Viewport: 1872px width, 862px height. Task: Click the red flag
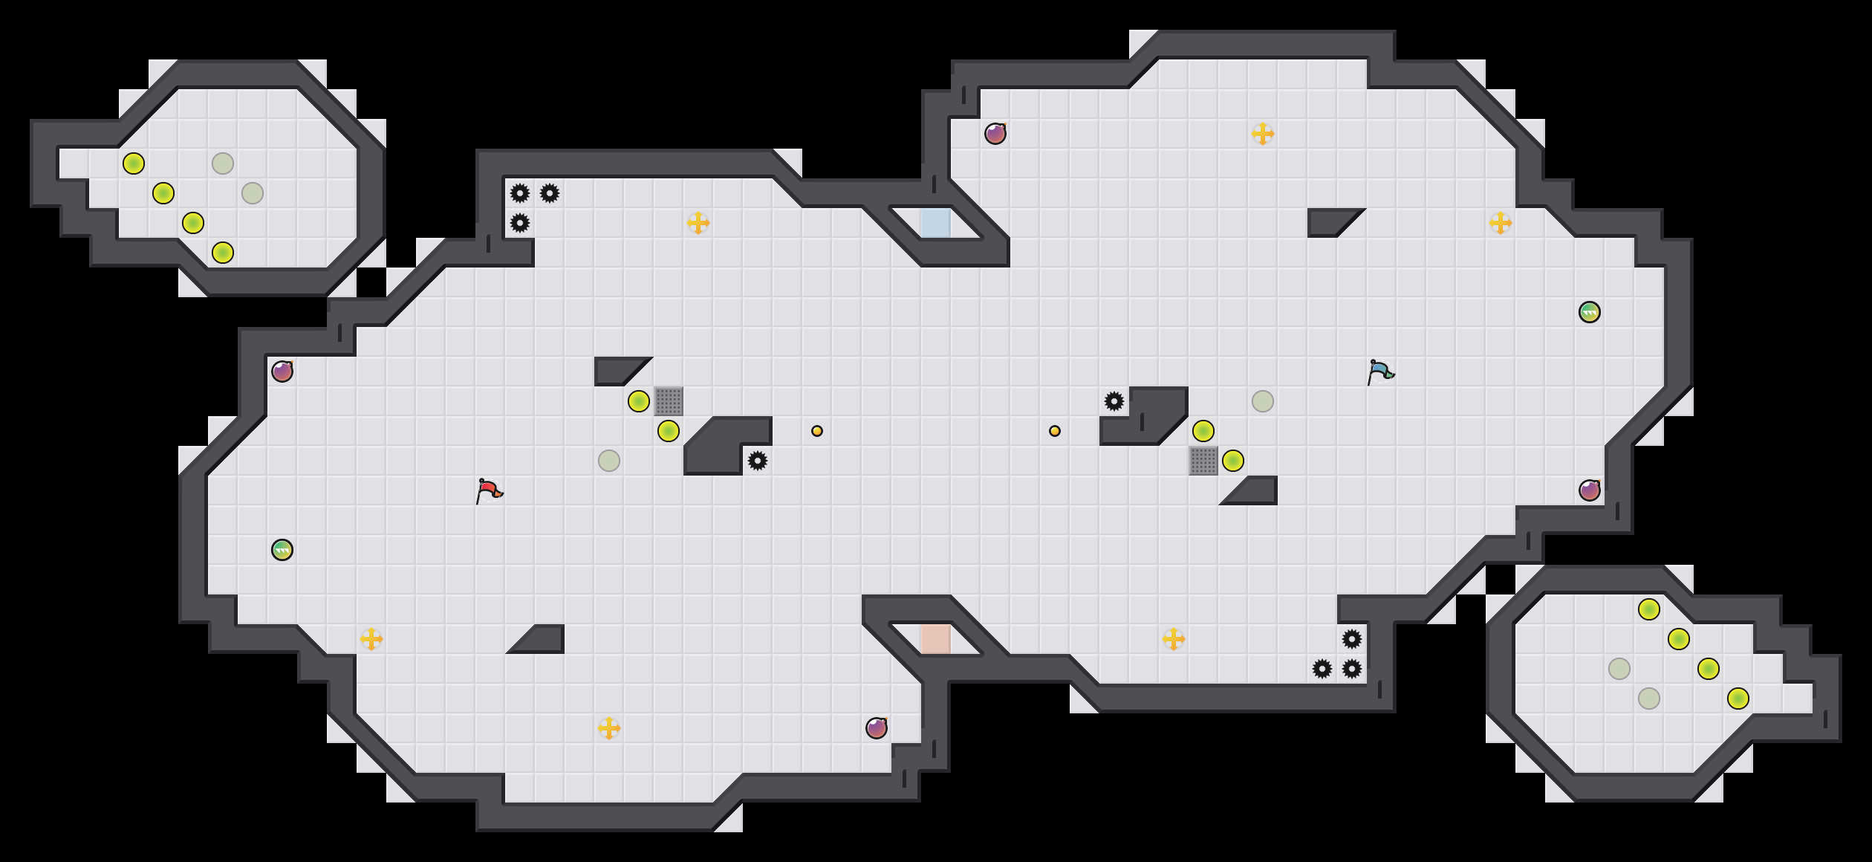tap(489, 491)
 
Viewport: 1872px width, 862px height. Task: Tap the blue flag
tap(1380, 372)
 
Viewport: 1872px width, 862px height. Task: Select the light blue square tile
tap(936, 223)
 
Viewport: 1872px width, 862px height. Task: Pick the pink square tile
tap(936, 639)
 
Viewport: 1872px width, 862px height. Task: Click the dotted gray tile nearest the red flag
tap(669, 401)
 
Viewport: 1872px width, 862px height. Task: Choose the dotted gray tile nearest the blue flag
tap(1203, 461)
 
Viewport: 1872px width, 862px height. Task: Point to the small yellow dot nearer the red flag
tap(817, 431)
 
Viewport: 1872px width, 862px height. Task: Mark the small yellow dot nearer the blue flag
tap(1055, 431)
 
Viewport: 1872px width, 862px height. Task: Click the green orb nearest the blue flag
tap(1589, 312)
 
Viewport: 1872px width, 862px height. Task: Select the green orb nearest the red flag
tap(282, 550)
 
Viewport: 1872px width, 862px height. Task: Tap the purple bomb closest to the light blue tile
tap(995, 134)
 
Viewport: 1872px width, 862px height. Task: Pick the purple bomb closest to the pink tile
tap(877, 728)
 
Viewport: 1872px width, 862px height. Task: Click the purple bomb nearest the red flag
tap(282, 372)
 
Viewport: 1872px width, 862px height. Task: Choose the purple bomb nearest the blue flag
tap(1590, 490)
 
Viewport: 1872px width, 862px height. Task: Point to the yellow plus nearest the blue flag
tap(1501, 223)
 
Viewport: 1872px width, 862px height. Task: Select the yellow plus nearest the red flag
tap(371, 639)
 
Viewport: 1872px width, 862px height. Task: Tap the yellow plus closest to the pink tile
tap(1174, 639)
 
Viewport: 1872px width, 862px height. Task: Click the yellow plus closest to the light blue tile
tap(698, 223)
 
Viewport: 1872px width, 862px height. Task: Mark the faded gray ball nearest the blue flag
tap(1263, 401)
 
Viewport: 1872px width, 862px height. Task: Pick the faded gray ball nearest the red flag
tap(609, 461)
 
